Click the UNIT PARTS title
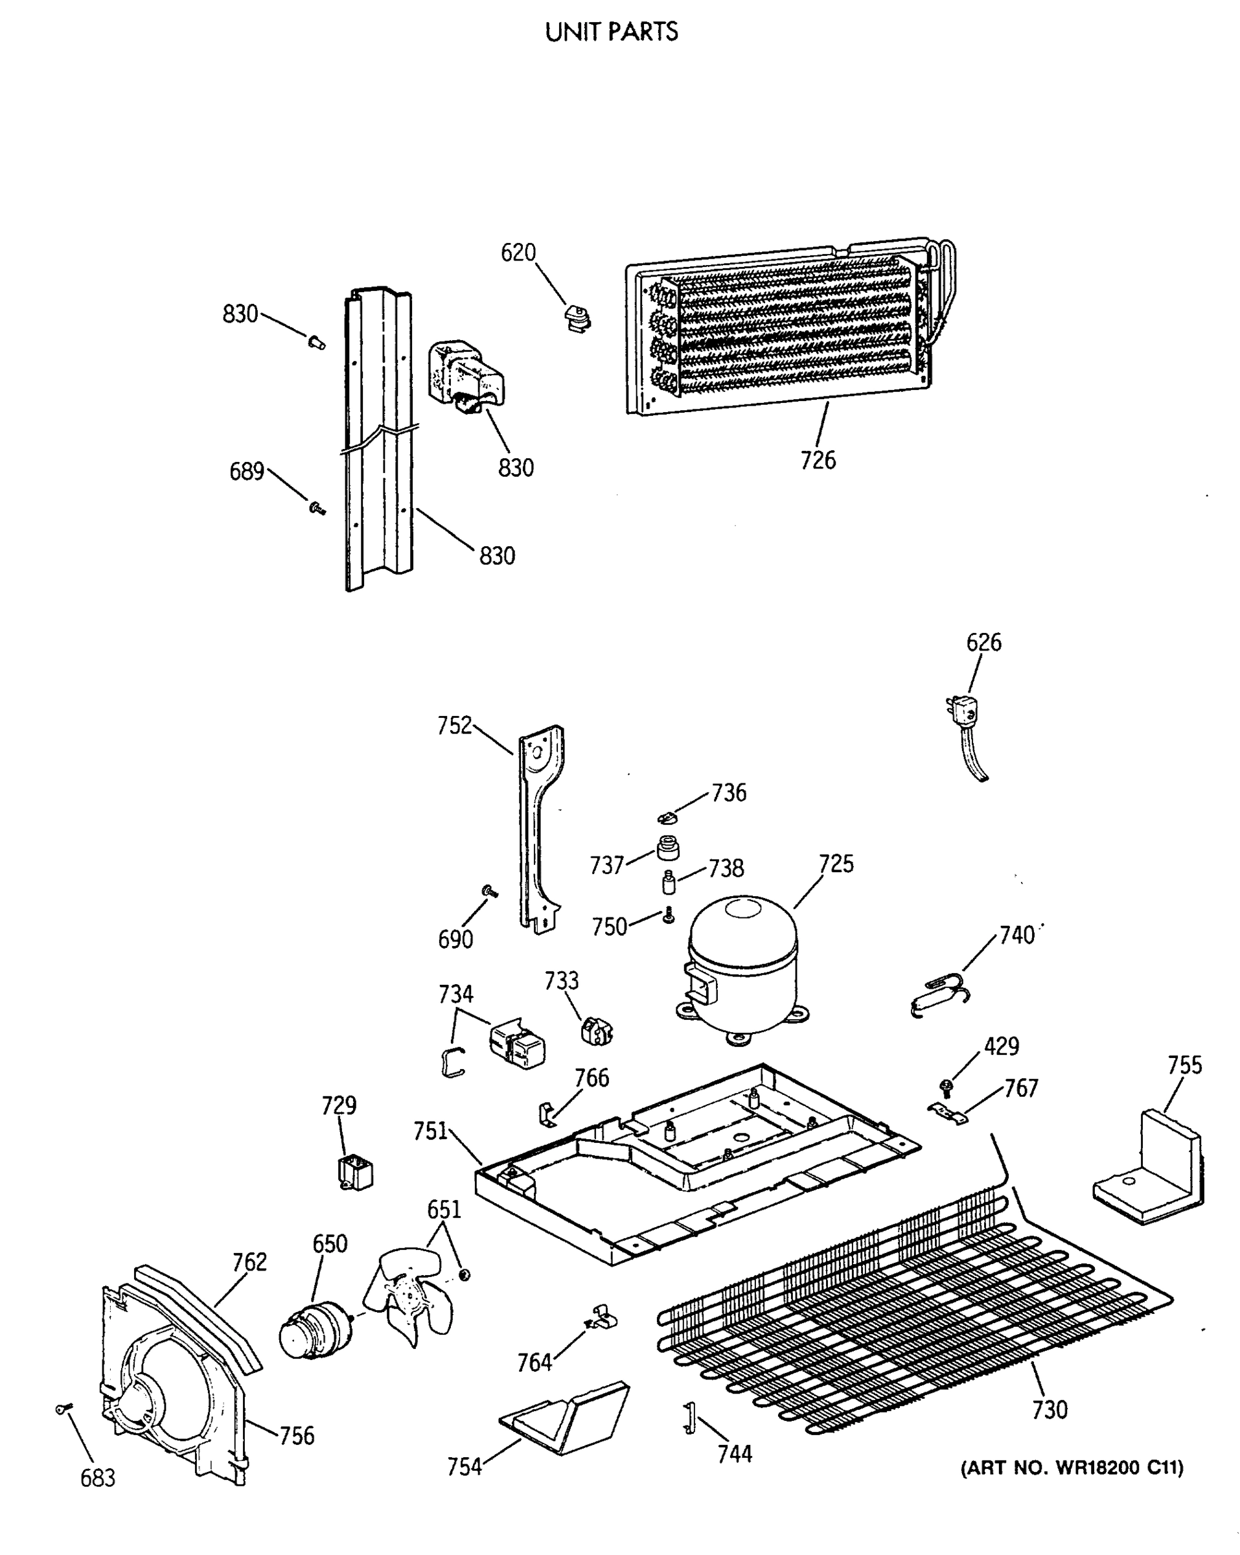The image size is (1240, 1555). click(x=611, y=32)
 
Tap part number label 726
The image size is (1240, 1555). click(x=818, y=460)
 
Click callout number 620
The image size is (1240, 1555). click(x=518, y=253)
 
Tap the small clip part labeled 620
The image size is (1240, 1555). click(x=577, y=318)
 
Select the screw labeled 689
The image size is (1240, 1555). click(x=317, y=509)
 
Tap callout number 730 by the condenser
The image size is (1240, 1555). click(x=1049, y=1409)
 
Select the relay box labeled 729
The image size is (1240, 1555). click(x=355, y=1172)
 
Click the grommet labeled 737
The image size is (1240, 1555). click(x=668, y=847)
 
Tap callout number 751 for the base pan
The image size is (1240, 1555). click(x=431, y=1131)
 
